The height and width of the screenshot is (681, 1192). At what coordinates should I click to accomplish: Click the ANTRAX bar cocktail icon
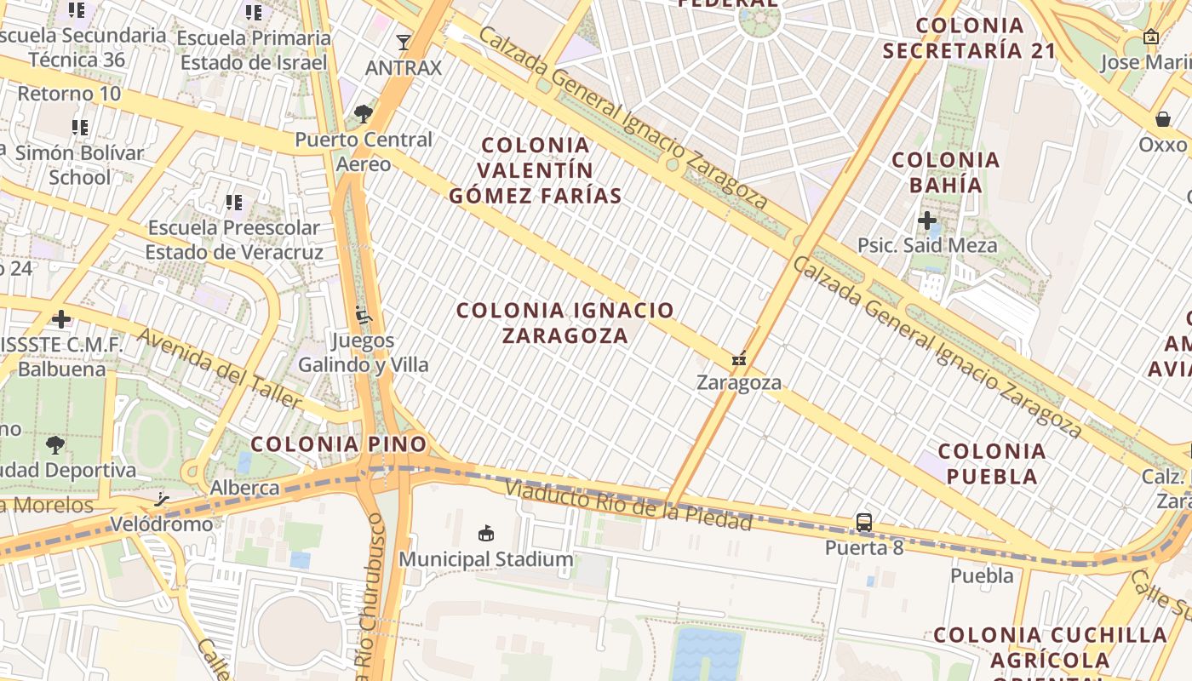(x=404, y=42)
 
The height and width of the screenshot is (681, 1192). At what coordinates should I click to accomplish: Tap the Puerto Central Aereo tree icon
(x=364, y=113)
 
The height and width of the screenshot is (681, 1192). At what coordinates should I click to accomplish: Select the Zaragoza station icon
(x=739, y=358)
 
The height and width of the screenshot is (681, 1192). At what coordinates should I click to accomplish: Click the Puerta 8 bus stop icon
(x=863, y=523)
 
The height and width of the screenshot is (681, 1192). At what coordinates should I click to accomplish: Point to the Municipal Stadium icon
(x=485, y=534)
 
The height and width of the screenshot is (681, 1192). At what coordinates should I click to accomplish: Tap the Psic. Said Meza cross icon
(x=927, y=221)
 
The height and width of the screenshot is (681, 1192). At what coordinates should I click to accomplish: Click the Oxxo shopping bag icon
(x=1163, y=119)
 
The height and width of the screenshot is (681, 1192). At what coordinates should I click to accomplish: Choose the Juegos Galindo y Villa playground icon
(x=364, y=316)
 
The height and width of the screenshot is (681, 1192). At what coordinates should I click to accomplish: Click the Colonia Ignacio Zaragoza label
(x=565, y=323)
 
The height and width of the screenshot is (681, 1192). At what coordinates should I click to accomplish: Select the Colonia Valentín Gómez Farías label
(x=535, y=170)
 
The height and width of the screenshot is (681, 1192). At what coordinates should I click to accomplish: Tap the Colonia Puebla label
(x=992, y=463)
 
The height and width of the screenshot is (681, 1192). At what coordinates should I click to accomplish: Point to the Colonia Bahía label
(x=945, y=172)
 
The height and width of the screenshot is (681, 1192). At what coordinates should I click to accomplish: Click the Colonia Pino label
(x=338, y=444)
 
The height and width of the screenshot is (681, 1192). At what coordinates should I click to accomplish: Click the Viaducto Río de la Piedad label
(x=628, y=504)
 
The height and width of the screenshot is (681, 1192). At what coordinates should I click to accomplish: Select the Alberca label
(x=245, y=488)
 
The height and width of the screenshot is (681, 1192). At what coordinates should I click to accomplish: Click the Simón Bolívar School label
(x=80, y=165)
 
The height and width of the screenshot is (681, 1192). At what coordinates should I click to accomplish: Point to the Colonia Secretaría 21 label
(x=969, y=38)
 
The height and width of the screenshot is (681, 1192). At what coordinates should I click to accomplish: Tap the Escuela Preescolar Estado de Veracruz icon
(x=234, y=203)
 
